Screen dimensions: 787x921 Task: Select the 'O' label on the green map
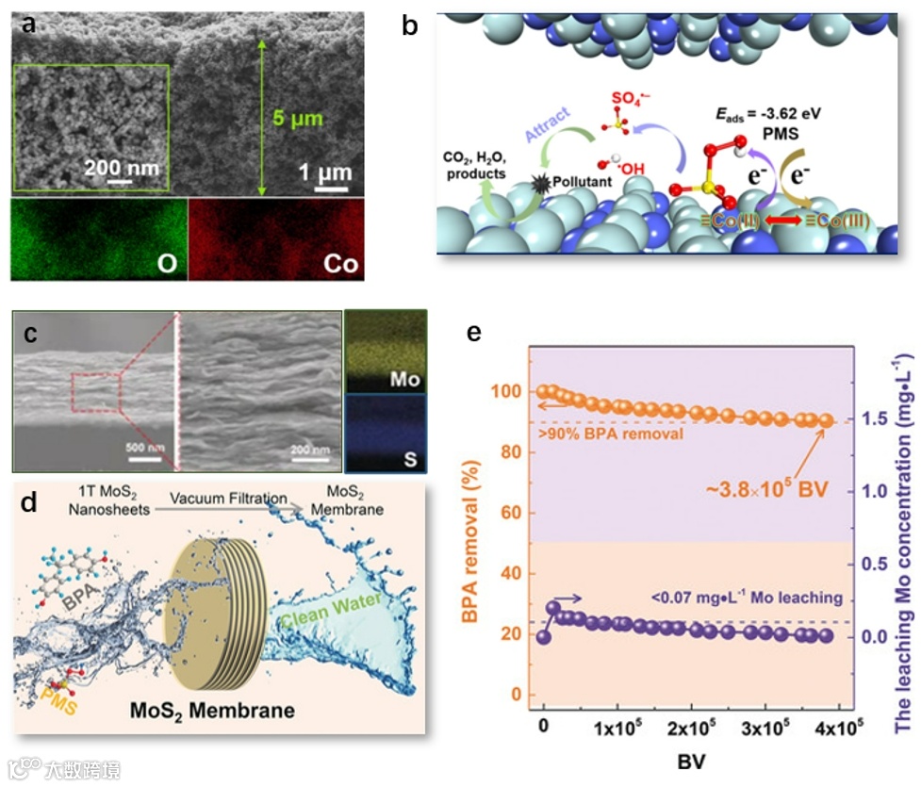[x=167, y=263]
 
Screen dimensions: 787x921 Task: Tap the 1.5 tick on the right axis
[x=872, y=419]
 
